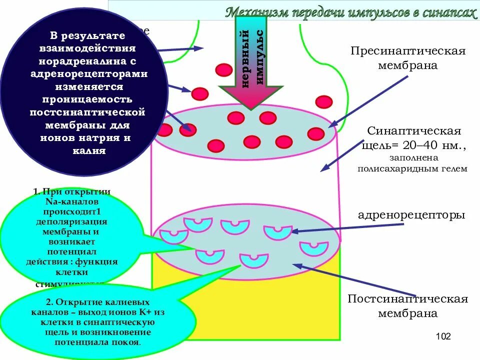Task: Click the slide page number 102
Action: click(x=443, y=336)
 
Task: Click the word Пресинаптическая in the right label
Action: click(x=408, y=51)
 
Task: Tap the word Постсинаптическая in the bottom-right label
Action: click(x=407, y=299)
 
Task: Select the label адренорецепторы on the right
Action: click(x=411, y=215)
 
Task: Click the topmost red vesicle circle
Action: click(x=224, y=69)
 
